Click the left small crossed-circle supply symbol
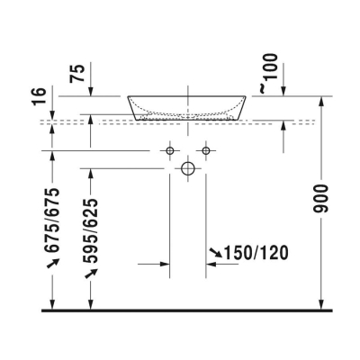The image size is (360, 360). (170, 149)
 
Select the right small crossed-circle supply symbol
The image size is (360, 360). (206, 149)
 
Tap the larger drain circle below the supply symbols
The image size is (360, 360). (188, 167)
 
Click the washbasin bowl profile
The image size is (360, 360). (188, 106)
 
